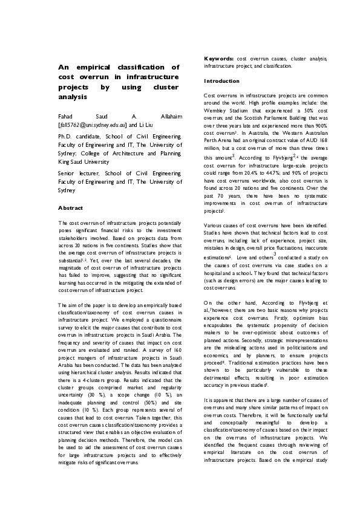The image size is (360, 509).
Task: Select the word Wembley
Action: click(x=217, y=119)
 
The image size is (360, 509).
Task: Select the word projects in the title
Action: click(x=74, y=86)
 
